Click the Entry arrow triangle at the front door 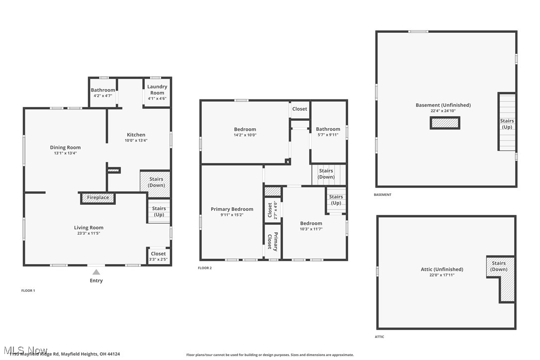coord(96,272)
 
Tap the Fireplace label coord(98,198)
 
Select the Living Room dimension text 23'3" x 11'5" coord(89,233)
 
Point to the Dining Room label coord(65,147)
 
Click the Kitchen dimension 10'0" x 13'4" coord(136,140)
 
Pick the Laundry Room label coord(157,90)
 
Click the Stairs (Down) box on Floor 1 coord(156,182)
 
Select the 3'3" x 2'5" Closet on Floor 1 coord(158,256)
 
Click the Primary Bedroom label coord(232,209)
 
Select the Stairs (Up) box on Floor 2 coord(336,200)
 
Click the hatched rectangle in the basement coord(445,123)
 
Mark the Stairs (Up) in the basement coord(507,124)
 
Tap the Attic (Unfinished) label coord(442,270)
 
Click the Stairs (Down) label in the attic coord(499,266)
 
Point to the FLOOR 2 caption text coord(205,268)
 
